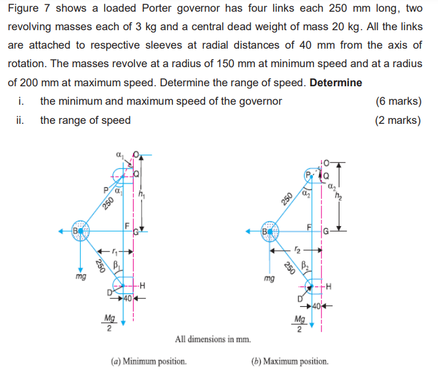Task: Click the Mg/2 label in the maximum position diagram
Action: pyautogui.click(x=299, y=323)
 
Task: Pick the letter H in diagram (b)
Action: pyautogui.click(x=328, y=286)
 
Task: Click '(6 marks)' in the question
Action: pyautogui.click(x=398, y=101)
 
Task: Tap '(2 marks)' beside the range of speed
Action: pyautogui.click(x=398, y=120)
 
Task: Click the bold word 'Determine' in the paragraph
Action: pyautogui.click(x=336, y=83)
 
